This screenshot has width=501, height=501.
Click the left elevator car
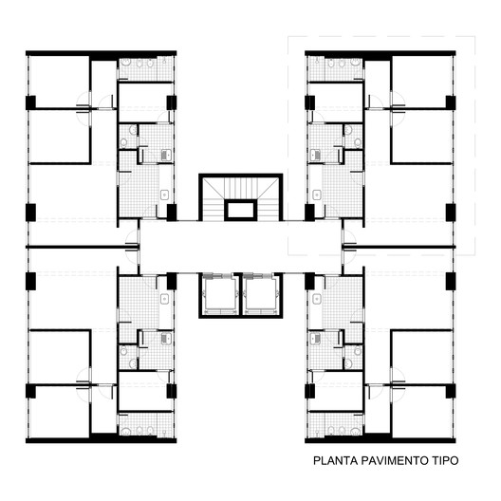[219, 294]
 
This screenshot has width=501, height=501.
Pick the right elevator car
[260, 294]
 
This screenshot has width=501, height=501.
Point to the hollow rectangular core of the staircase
[241, 210]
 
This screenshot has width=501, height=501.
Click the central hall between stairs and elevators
[241, 247]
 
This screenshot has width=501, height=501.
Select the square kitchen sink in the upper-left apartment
[164, 195]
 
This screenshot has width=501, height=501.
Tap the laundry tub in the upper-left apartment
[166, 155]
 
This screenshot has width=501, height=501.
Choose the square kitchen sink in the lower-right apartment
[317, 299]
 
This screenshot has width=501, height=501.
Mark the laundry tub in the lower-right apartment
[315, 339]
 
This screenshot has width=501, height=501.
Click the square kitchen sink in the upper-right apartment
[317, 195]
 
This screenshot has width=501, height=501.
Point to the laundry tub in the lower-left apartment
[166, 339]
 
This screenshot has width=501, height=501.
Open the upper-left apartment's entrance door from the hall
[132, 238]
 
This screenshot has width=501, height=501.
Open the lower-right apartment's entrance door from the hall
[349, 255]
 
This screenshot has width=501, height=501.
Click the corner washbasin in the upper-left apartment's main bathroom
[125, 63]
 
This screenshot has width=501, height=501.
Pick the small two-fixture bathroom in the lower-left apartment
[128, 357]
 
